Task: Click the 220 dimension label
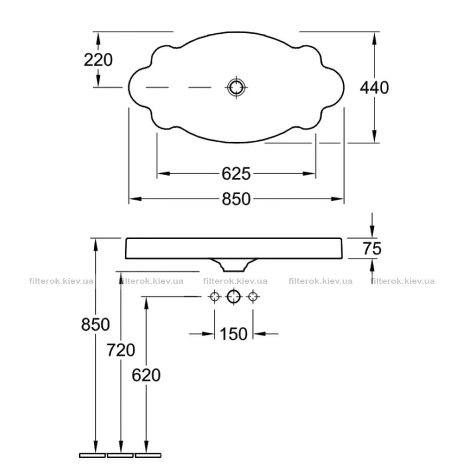tap(98, 60)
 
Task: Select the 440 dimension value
tap(374, 88)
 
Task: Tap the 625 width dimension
tap(236, 174)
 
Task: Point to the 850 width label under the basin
tap(236, 199)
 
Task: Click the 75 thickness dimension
tap(372, 248)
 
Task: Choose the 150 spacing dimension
tap(234, 334)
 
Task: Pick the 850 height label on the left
tap(95, 324)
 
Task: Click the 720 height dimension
tap(121, 350)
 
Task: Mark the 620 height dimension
tap(146, 375)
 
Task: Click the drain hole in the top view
tap(236, 87)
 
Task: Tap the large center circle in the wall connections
tap(234, 297)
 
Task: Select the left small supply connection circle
tap(214, 297)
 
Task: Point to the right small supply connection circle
tap(253, 297)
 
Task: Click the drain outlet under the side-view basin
tap(234, 265)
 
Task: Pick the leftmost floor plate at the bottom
tap(92, 455)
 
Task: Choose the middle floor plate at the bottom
tap(120, 455)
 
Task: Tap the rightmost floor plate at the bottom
tap(148, 455)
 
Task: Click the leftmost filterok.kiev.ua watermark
tap(61, 281)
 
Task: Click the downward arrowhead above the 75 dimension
tap(372, 232)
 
